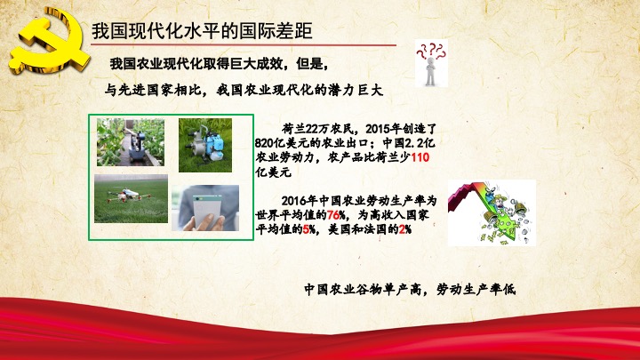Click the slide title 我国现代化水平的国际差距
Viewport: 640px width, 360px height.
[202, 31]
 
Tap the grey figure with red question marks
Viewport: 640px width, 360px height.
[431, 63]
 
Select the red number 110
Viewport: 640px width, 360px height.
[420, 157]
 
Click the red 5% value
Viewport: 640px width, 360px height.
[309, 229]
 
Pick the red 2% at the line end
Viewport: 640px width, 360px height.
[405, 229]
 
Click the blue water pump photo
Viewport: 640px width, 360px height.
[205, 145]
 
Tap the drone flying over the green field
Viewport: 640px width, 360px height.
[131, 199]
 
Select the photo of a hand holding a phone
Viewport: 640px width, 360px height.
[205, 208]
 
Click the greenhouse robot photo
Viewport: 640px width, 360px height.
[131, 142]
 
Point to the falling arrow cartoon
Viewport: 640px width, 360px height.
[492, 212]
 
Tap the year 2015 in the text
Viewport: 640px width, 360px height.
[378, 129]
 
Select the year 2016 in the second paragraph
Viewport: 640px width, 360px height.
[294, 200]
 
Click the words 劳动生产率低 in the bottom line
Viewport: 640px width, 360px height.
[476, 290]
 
